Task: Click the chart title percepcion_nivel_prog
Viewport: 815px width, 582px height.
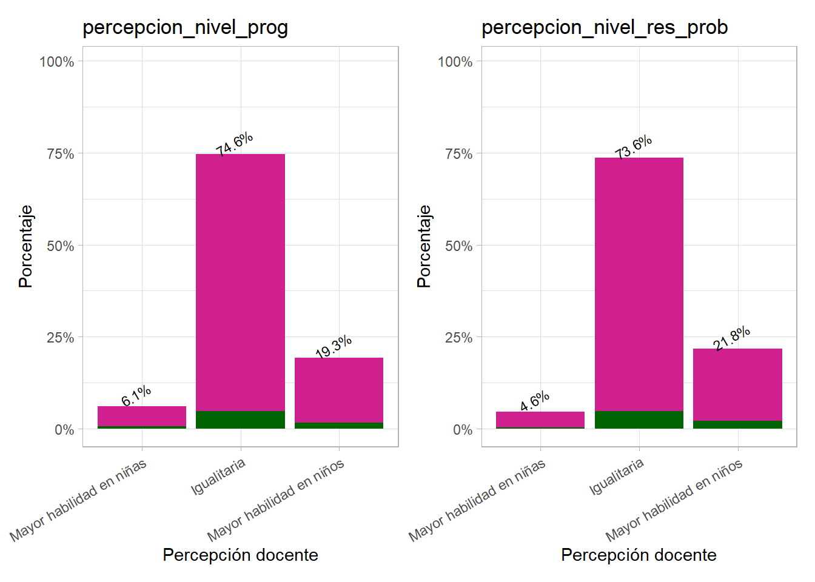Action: click(x=185, y=28)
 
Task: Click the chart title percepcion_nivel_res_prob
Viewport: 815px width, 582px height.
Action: click(x=604, y=28)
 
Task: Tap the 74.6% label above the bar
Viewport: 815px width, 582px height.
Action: click(x=234, y=144)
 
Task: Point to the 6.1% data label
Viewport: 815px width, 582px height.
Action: click(x=136, y=395)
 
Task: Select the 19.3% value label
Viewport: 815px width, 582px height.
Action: click(x=334, y=346)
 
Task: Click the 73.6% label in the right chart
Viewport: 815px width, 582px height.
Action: click(x=633, y=147)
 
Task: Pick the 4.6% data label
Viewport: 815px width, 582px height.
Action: click(x=535, y=401)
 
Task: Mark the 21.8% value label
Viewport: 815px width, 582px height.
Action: click(x=731, y=338)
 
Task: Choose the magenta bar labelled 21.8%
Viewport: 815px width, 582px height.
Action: click(x=737, y=384)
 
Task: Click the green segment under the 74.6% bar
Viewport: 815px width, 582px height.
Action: click(x=240, y=420)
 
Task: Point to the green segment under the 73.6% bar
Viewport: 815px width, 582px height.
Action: click(x=639, y=420)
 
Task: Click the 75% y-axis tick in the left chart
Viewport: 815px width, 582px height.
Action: click(x=61, y=154)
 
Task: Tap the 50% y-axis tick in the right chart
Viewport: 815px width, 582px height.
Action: click(x=458, y=246)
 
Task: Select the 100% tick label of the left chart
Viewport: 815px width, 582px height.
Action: click(x=57, y=62)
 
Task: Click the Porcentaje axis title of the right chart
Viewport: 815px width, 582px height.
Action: click(x=424, y=246)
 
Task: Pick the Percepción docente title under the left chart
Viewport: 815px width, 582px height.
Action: click(x=240, y=555)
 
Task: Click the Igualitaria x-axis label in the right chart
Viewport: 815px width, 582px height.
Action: click(x=616, y=477)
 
